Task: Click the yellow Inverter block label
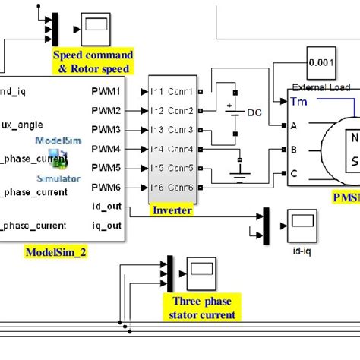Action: click(172, 210)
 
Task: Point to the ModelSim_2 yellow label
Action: click(56, 251)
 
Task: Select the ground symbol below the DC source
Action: click(239, 180)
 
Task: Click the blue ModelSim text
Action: click(52, 140)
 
